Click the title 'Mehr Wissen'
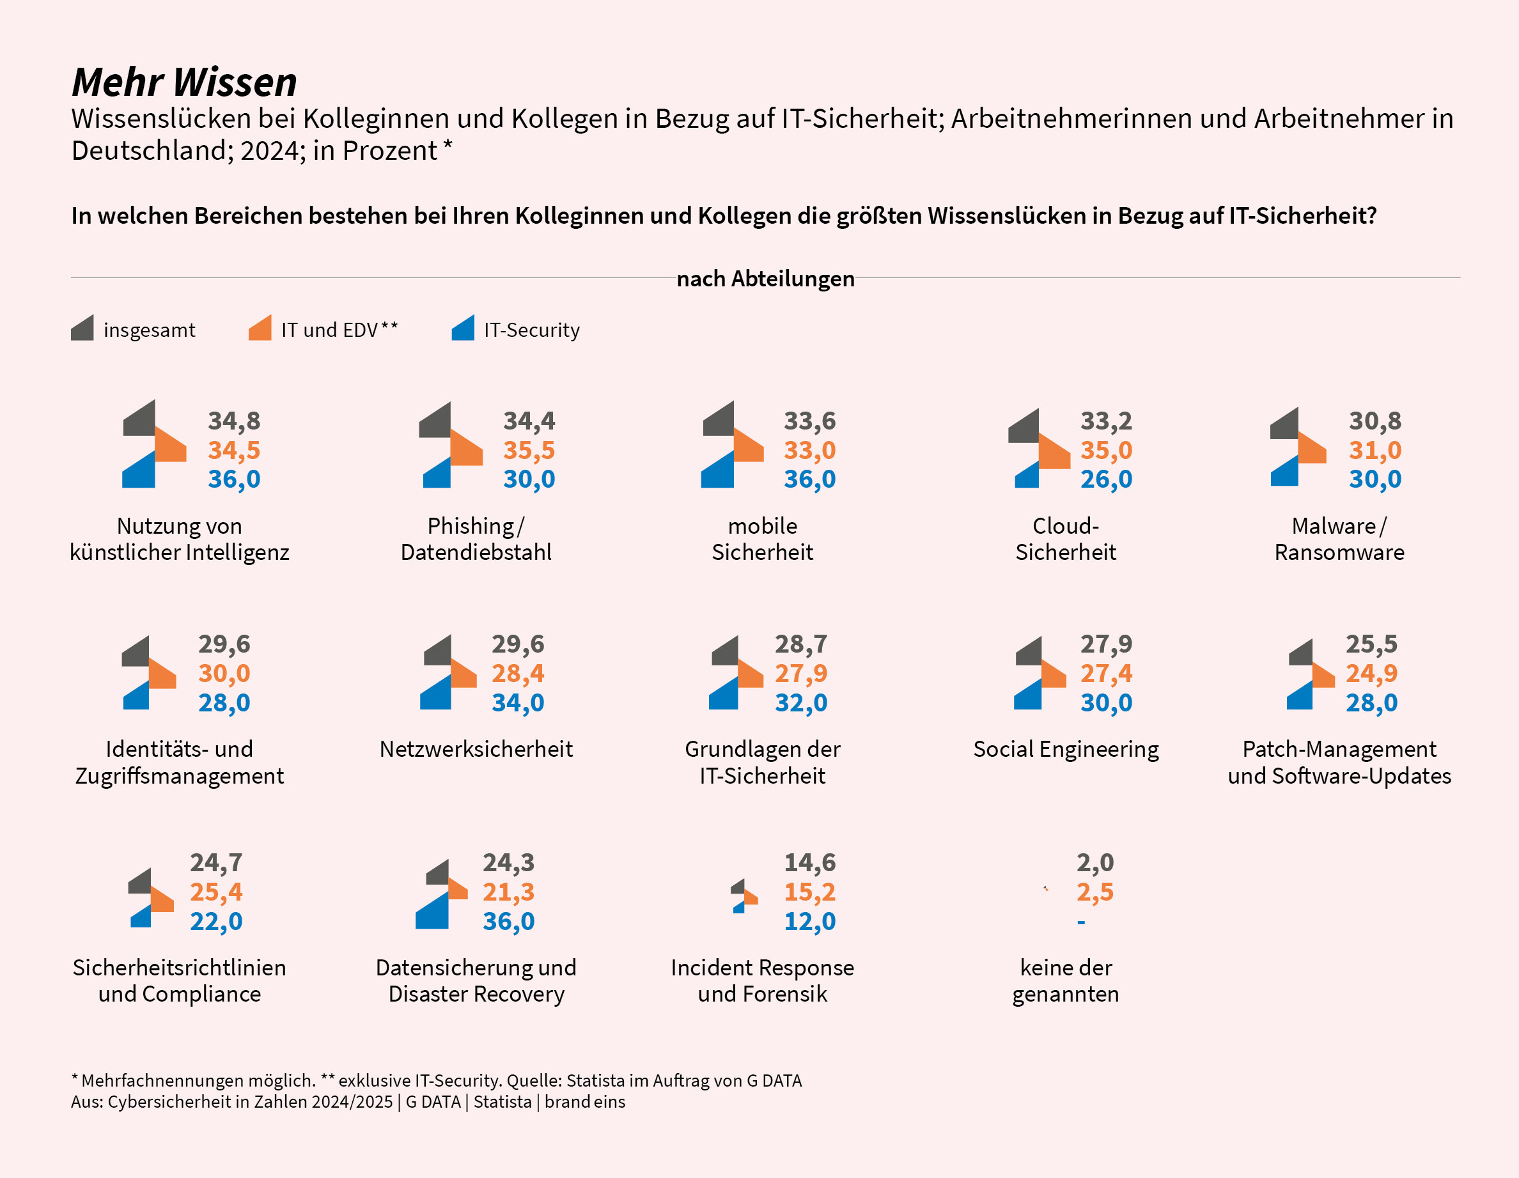pos(184,82)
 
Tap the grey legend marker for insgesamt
pos(82,329)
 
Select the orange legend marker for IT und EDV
pos(261,329)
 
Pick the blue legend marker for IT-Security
pos(464,329)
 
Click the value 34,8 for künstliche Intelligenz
pos(234,421)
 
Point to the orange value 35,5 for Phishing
pos(529,450)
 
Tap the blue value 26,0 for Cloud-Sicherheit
pos(1106,479)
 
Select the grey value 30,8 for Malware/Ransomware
pos(1375,421)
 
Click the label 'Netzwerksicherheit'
pos(476,749)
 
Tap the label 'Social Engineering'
pos(1066,749)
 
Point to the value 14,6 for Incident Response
pos(809,863)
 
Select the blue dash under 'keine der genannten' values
pos(1081,923)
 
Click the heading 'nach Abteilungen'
pos(765,279)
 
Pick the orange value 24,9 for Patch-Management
pos(1371,673)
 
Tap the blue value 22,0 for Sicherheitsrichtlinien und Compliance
pos(216,922)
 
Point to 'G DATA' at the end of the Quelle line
pos(774,1081)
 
